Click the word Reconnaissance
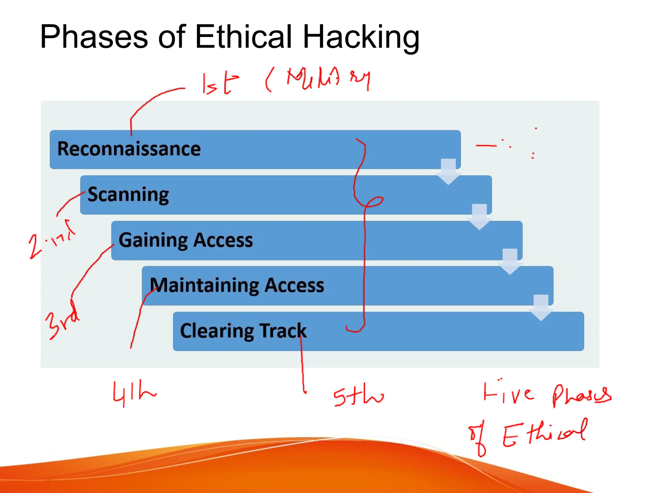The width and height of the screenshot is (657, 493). tap(129, 149)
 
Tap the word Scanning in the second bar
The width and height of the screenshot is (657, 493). tap(128, 195)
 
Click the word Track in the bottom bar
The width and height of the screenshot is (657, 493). tap(283, 331)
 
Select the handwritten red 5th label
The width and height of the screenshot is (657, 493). tap(358, 397)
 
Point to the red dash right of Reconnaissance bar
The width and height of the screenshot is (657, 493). tap(486, 146)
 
